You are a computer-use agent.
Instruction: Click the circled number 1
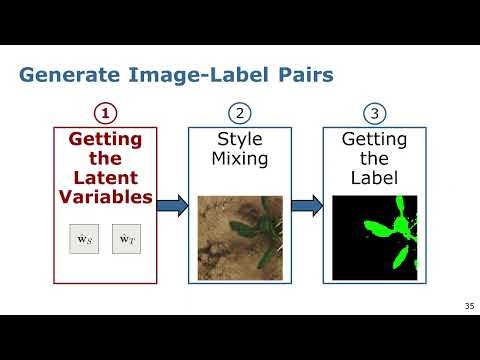pos(105,112)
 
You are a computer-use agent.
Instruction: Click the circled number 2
pos(239,112)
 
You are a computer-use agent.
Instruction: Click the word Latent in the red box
pos(105,178)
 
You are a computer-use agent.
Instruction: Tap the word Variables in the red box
pos(105,197)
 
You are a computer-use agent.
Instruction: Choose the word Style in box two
pos(239,140)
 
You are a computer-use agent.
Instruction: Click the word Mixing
pos(239,159)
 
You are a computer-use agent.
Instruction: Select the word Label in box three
pos(374,178)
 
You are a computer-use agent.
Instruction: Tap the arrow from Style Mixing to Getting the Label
pos(307,206)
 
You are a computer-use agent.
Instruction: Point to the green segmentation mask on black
pos(374,237)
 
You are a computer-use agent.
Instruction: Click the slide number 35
pos(469,306)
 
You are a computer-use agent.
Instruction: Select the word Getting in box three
pos(374,140)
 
